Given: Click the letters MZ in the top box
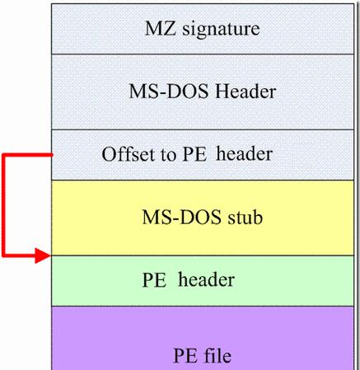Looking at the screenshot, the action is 160,29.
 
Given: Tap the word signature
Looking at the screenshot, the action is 221,30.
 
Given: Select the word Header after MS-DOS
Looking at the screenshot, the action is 245,91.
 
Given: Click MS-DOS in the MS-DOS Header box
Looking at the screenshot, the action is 169,91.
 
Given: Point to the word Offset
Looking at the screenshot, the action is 129,153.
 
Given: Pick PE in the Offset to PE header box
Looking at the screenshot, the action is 194,154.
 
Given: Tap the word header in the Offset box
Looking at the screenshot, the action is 244,153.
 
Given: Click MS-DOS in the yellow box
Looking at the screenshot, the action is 181,218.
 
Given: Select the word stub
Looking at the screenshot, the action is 245,217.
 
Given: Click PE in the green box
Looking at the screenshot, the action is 154,280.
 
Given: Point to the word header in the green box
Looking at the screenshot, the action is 206,279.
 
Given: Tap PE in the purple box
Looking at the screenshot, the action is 185,356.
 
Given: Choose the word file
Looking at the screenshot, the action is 217,355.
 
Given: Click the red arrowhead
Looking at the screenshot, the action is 43,256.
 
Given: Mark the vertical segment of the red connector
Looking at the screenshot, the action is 3,206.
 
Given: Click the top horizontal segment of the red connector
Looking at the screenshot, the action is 27,156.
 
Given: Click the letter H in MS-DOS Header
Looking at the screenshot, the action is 222,91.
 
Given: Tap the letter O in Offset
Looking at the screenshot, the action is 109,154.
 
